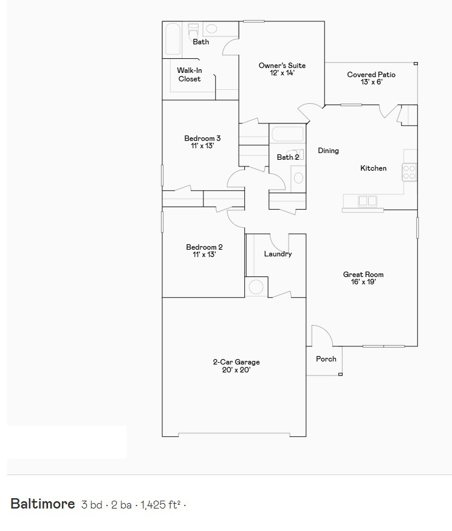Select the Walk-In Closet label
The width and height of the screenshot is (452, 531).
coord(190,75)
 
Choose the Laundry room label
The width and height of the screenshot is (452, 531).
coord(278,254)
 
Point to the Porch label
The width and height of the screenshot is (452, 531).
coord(326,359)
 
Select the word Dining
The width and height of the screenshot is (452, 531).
coord(329,151)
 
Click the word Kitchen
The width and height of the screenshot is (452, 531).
coord(373,168)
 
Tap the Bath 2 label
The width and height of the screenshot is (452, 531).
coord(287,157)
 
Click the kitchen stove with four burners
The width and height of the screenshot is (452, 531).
coord(409,172)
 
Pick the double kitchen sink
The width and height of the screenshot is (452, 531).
coord(368,200)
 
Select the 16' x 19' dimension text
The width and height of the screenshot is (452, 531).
coord(363,282)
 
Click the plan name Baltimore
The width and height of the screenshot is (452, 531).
coord(43,504)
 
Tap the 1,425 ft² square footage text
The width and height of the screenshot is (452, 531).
coord(161,504)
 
